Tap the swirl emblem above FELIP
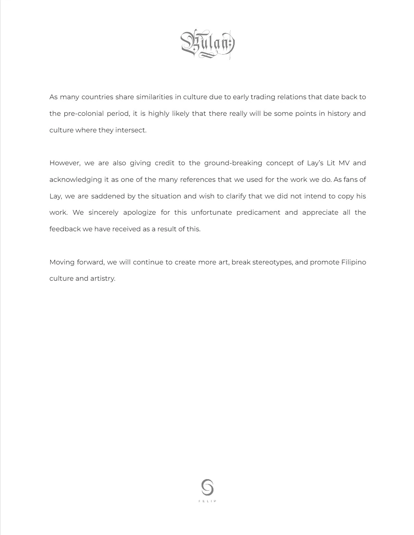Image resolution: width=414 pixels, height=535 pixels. pyautogui.click(x=207, y=487)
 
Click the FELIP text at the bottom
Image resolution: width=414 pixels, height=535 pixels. pyautogui.click(x=207, y=501)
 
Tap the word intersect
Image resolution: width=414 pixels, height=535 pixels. pyautogui.click(x=131, y=130)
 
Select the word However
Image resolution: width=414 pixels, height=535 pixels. pyautogui.click(x=65, y=163)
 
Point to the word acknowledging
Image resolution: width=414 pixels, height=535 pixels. pyautogui.click(x=75, y=180)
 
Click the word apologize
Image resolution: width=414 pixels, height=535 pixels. pyautogui.click(x=139, y=213)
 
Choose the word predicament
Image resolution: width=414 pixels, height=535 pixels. pyautogui.click(x=258, y=213)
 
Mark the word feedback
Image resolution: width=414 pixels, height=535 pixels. pyautogui.click(x=65, y=229)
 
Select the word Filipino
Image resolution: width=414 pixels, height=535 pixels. pyautogui.click(x=353, y=262)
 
